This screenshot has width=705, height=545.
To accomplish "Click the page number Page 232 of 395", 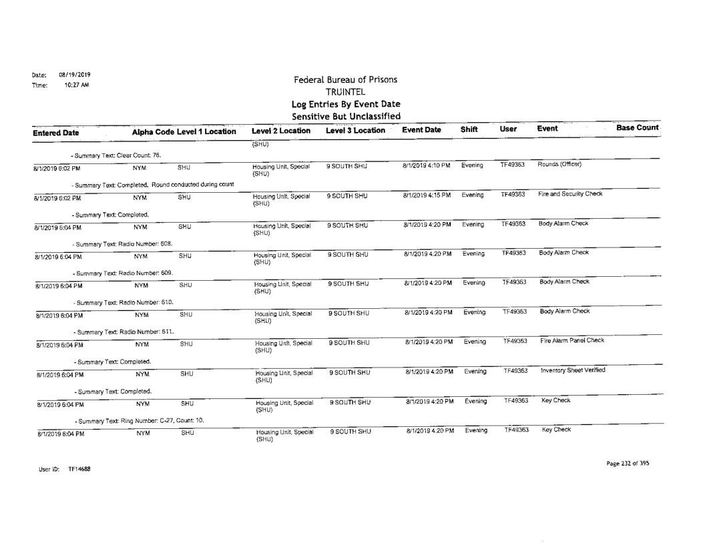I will click(x=626, y=463).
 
